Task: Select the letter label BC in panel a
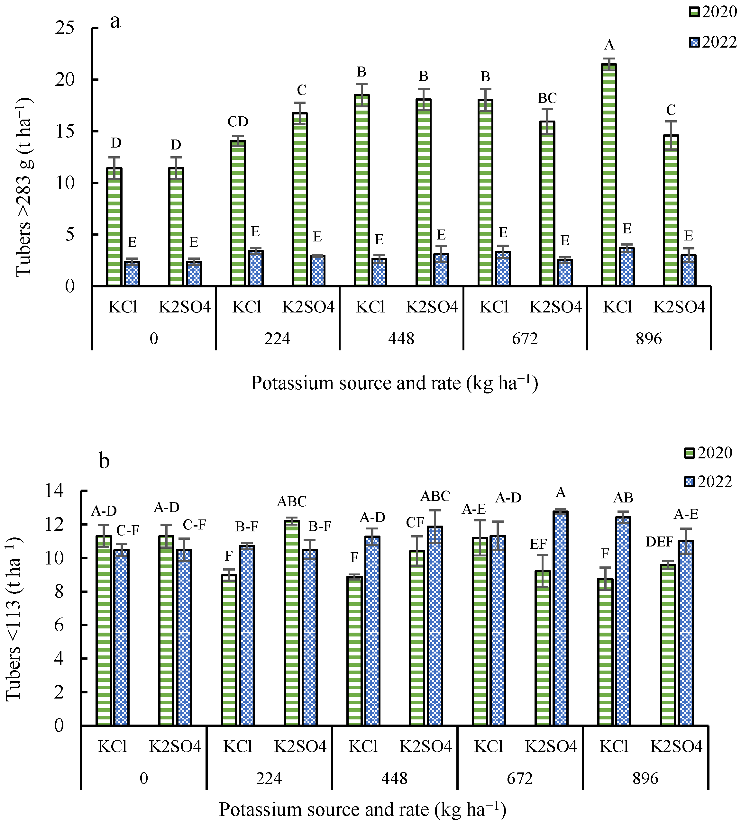tap(547, 98)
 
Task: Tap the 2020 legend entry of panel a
tap(712, 12)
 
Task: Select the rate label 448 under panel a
tap(401, 338)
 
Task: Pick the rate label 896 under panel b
tap(645, 778)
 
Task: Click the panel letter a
tap(115, 22)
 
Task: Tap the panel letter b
tap(104, 461)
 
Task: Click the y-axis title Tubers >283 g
tap(23, 187)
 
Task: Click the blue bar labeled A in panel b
tap(561, 618)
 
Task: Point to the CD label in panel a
tap(238, 121)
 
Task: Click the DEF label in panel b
tap(659, 542)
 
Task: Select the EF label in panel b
tap(538, 544)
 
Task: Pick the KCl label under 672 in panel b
tap(489, 746)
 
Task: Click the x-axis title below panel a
tap(394, 383)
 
